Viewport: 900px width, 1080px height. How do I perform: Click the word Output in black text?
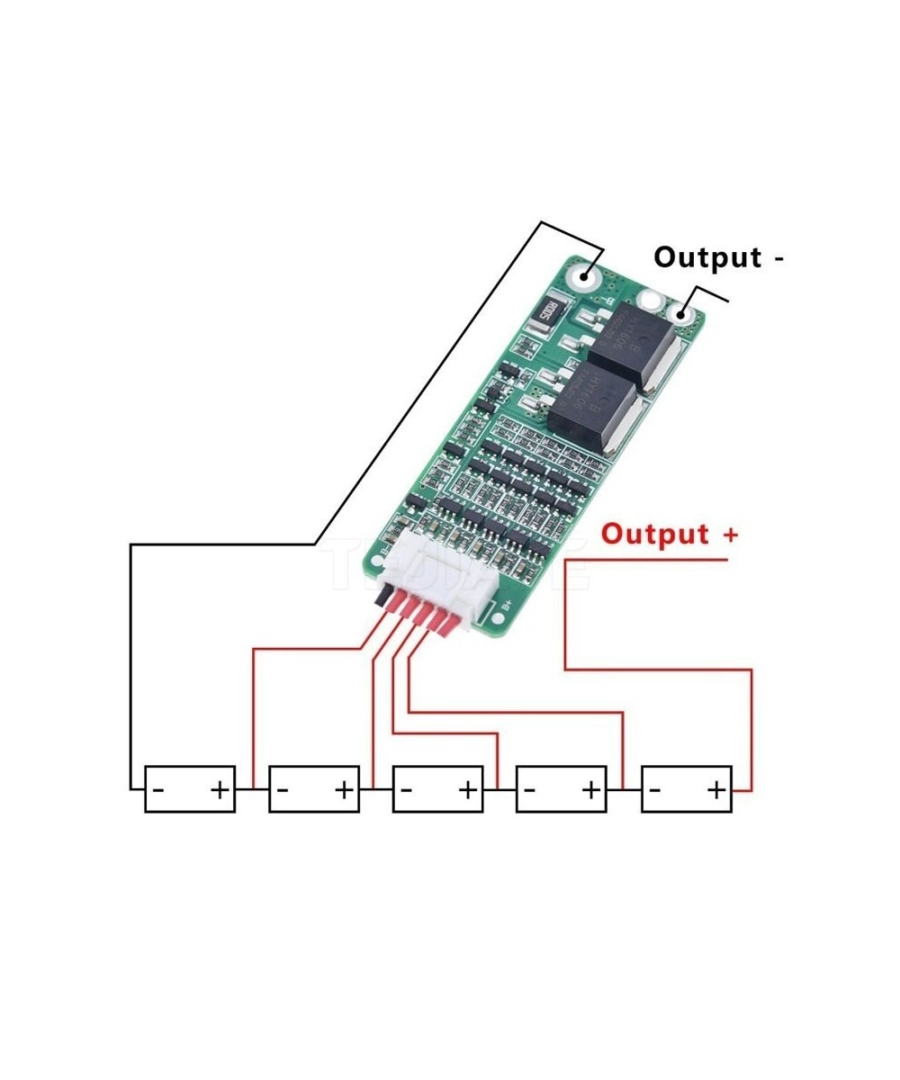(x=706, y=257)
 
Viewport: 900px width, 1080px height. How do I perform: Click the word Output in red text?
(x=655, y=534)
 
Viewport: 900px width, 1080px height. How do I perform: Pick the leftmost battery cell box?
(x=190, y=789)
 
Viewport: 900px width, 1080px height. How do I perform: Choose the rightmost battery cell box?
(x=686, y=789)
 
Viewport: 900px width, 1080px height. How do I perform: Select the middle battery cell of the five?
(x=437, y=789)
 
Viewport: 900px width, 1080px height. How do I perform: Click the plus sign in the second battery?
(x=344, y=790)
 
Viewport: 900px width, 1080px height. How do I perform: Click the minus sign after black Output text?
(x=778, y=259)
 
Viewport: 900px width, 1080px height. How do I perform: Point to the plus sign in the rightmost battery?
(x=715, y=790)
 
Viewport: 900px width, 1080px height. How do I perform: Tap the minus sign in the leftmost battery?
(x=158, y=790)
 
